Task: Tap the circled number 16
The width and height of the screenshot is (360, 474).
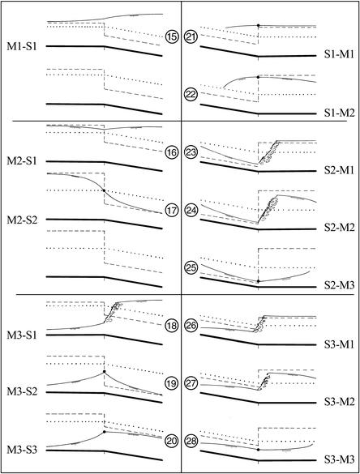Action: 171,152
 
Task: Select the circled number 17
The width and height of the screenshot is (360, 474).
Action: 171,210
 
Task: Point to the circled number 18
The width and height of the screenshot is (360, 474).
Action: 171,325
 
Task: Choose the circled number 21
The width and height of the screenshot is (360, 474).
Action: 192,36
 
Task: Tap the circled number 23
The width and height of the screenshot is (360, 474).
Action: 192,152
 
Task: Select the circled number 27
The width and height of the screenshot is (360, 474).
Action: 192,382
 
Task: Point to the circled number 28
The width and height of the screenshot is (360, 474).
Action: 192,440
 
